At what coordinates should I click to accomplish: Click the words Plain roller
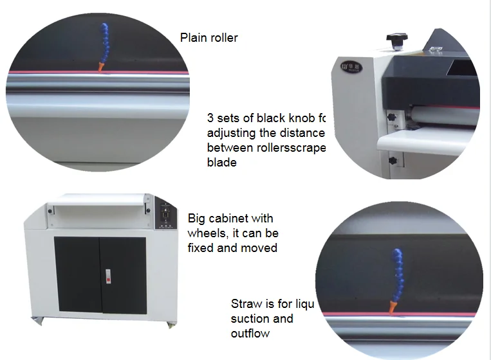[208, 38]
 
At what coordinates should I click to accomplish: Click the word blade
[221, 163]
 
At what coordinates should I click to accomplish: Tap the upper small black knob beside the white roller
[391, 117]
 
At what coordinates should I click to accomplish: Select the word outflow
[250, 333]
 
